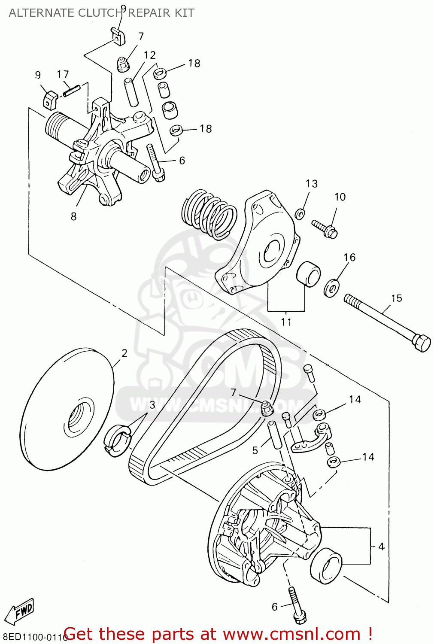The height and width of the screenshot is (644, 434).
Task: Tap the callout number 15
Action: click(396, 298)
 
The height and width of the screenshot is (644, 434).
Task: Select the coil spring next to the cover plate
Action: click(209, 214)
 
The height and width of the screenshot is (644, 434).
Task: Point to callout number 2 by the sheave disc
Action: click(124, 353)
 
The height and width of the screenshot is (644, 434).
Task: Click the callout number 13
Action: click(311, 184)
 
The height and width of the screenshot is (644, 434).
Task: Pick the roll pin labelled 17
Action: click(72, 91)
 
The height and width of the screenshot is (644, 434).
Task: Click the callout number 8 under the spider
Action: click(73, 216)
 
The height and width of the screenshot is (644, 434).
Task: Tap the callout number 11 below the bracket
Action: click(286, 322)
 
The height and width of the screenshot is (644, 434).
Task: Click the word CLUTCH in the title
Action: click(101, 13)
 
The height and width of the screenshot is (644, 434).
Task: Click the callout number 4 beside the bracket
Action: click(381, 547)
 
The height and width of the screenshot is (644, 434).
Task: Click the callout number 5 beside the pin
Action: click(255, 450)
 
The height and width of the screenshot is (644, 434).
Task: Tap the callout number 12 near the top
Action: click(149, 55)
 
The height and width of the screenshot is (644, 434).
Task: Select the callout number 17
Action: click(63, 74)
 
